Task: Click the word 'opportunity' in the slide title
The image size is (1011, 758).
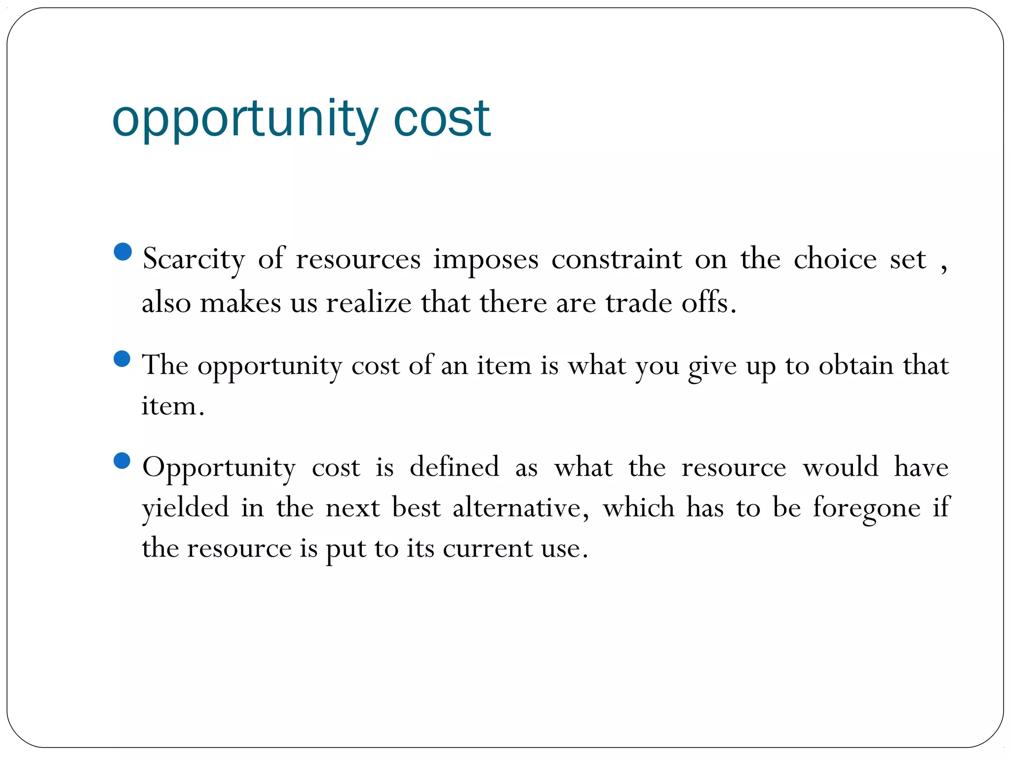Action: click(x=245, y=120)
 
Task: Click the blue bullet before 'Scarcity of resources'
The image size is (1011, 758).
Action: click(x=122, y=252)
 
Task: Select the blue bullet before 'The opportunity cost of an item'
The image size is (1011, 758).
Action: click(x=122, y=359)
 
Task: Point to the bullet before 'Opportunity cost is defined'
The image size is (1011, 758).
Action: click(x=122, y=461)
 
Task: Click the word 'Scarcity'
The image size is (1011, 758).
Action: click(x=194, y=259)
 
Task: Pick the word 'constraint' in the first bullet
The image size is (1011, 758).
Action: click(x=617, y=259)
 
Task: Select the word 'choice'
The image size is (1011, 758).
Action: click(x=835, y=259)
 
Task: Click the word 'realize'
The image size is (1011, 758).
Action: click(x=368, y=303)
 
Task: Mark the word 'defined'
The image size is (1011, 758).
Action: click(x=454, y=467)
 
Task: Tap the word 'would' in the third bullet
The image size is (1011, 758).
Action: click(x=841, y=467)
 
